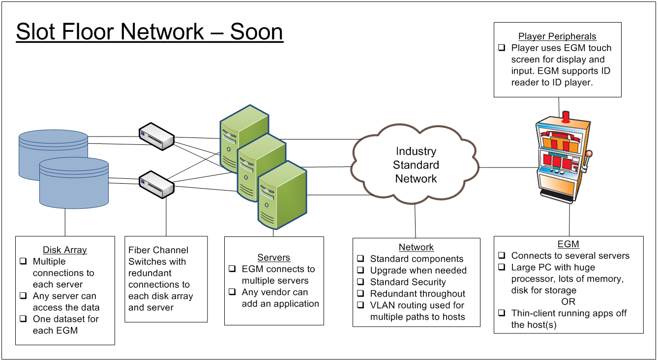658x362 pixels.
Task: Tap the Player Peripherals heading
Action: tap(557, 36)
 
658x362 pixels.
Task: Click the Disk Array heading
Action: tap(64, 250)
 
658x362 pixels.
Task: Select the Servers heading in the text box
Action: tap(274, 257)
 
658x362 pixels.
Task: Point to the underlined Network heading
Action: tap(416, 247)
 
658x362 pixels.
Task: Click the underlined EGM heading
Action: tap(568, 244)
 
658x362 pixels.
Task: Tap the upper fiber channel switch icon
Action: tap(156, 137)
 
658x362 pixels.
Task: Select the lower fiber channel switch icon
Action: tap(156, 185)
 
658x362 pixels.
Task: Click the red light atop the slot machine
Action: tap(566, 117)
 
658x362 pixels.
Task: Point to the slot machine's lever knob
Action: tap(589, 154)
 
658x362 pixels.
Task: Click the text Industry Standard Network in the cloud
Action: tap(416, 165)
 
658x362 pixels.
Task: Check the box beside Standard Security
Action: tap(360, 281)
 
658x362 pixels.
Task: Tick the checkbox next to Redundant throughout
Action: tap(360, 293)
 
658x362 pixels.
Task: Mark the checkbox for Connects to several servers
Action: tap(502, 255)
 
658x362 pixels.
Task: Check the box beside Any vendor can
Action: tap(232, 292)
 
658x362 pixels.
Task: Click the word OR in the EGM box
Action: tap(568, 302)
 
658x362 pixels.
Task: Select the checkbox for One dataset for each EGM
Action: tap(23, 319)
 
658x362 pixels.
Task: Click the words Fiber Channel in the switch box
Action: tap(158, 250)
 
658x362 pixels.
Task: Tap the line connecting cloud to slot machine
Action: tap(508, 167)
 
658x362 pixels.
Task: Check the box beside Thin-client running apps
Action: tap(502, 313)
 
